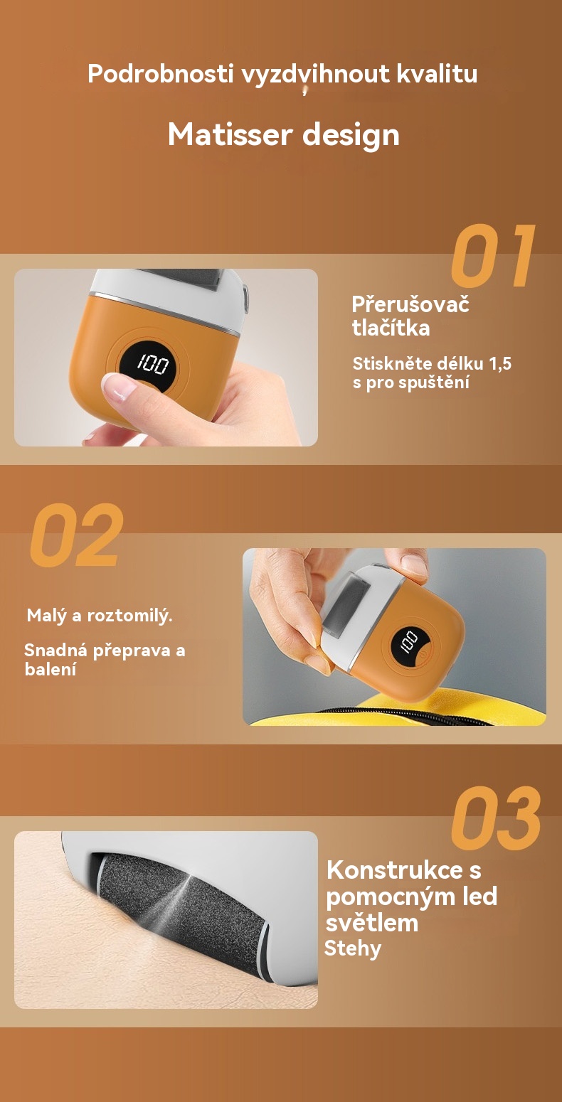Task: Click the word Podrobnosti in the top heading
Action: coord(161,74)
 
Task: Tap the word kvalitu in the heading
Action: coord(437,74)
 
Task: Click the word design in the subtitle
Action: coord(351,135)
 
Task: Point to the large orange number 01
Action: coord(493,255)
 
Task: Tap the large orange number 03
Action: coord(496,818)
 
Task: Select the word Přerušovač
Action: coord(410,304)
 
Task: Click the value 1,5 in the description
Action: coord(500,364)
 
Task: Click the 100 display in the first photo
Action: coord(152,364)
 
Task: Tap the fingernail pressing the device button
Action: coord(117,386)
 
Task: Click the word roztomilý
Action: coord(130,616)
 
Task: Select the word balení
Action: coord(51,670)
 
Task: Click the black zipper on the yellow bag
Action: coord(403,715)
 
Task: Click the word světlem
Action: coord(371,923)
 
